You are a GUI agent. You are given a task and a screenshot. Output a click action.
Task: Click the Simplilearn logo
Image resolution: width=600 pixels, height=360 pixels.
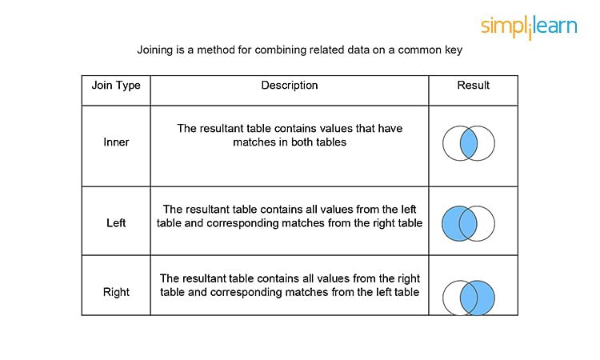(529, 26)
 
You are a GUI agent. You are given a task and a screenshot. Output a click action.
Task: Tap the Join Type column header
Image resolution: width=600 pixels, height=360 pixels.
(116, 86)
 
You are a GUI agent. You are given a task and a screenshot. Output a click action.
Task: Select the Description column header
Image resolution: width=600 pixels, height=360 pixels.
(290, 86)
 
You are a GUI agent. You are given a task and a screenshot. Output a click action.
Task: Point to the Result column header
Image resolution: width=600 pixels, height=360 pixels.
(473, 85)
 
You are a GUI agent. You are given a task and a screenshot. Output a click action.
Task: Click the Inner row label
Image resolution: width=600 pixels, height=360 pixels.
(116, 142)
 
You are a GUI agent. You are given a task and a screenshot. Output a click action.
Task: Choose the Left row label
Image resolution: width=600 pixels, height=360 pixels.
(116, 222)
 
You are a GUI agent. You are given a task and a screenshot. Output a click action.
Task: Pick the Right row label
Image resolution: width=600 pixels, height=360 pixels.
(116, 292)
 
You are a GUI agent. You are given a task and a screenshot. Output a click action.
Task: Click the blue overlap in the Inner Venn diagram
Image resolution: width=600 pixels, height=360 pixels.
(468, 143)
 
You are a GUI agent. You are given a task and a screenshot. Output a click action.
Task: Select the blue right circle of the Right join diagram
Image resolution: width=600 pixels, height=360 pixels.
(483, 298)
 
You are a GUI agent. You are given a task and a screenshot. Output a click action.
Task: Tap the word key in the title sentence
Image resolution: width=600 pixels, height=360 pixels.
(454, 50)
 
